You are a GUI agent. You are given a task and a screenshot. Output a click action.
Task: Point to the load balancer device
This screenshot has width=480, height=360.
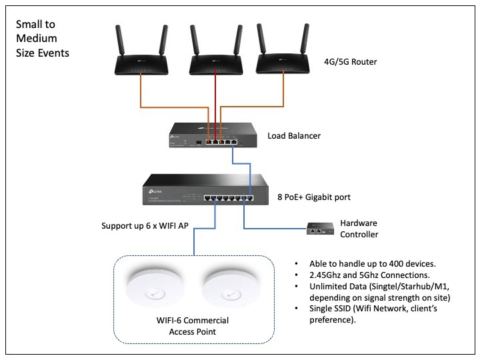pos(210,135)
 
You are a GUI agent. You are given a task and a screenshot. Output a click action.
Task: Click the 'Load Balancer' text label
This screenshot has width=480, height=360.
pos(294,136)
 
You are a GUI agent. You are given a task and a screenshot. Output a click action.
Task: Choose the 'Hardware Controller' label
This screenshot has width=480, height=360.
pos(359,229)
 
